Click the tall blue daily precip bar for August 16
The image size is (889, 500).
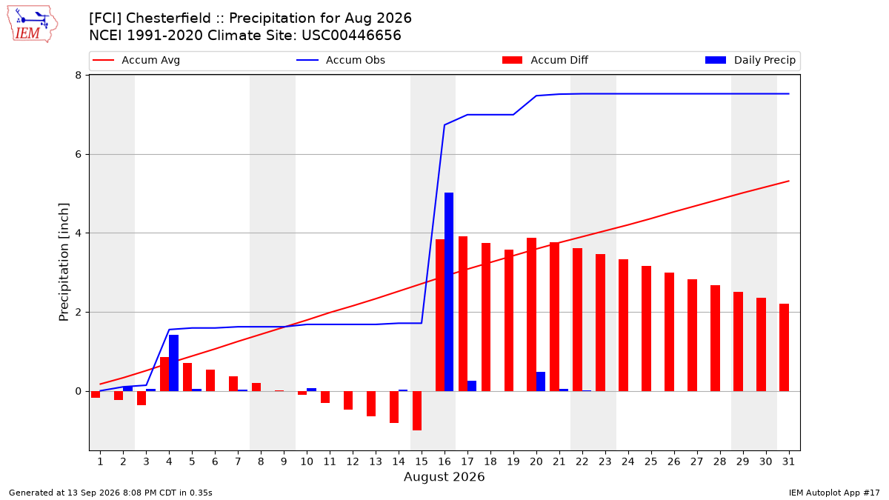click(449, 292)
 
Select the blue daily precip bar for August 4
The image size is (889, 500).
click(173, 363)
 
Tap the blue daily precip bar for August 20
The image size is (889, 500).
click(541, 381)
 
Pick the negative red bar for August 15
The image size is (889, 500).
click(416, 410)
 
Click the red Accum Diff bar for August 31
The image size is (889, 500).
click(785, 347)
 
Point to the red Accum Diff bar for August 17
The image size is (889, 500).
click(463, 314)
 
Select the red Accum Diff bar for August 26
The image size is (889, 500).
click(669, 332)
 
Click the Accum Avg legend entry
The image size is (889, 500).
click(136, 60)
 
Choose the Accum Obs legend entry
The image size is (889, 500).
click(341, 60)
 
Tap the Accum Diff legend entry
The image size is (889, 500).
click(545, 60)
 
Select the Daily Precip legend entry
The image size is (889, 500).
click(750, 60)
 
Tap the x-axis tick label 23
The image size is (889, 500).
click(605, 461)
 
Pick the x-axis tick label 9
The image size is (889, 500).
click(284, 461)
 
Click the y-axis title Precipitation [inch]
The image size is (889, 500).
click(64, 262)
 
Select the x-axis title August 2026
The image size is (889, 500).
click(444, 476)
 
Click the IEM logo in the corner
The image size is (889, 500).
click(33, 24)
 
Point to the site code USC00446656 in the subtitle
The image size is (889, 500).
click(351, 36)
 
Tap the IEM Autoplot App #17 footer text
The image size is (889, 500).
click(834, 493)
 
